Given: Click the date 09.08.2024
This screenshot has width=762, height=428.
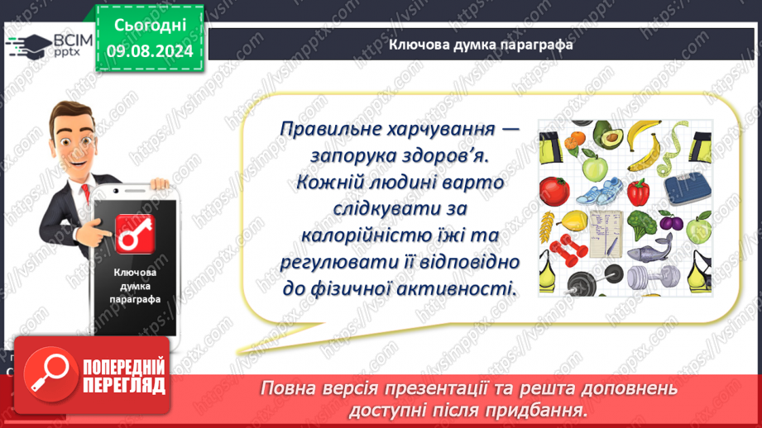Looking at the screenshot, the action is click(x=150, y=51).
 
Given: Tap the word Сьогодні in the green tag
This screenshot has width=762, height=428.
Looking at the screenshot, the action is click(x=150, y=26).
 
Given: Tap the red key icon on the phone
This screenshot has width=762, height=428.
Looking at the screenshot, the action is click(x=135, y=235).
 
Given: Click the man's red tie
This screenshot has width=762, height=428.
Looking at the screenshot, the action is click(x=85, y=193).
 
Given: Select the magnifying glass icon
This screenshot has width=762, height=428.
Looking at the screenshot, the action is click(x=50, y=374).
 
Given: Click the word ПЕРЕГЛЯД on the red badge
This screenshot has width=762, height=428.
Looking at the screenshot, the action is click(x=124, y=386).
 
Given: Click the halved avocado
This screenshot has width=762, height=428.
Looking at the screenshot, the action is click(x=608, y=135).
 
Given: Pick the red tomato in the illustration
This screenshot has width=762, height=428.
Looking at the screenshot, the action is click(x=554, y=191).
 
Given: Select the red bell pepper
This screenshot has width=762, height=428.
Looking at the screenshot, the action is click(x=638, y=193).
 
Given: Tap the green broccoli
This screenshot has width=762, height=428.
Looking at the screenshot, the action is click(x=643, y=224).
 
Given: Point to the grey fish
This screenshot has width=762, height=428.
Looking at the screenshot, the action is click(x=650, y=248).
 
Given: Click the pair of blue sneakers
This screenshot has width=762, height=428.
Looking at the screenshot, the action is click(x=599, y=191).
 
